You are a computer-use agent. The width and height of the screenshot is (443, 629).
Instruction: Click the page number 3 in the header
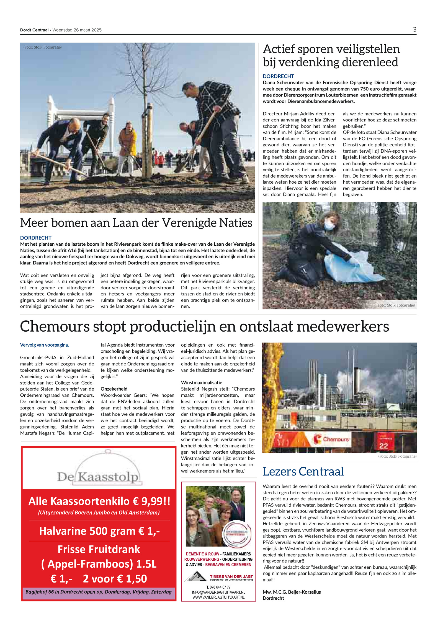click(x=414, y=30)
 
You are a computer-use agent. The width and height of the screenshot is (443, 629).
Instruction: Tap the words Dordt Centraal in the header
click(x=34, y=30)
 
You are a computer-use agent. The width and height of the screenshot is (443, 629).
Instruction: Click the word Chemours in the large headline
click(x=55, y=326)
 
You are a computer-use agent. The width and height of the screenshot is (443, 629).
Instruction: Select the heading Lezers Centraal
click(x=303, y=471)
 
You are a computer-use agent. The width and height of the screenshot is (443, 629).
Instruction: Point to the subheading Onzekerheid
click(x=114, y=389)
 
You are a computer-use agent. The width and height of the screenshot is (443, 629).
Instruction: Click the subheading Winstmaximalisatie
click(x=201, y=382)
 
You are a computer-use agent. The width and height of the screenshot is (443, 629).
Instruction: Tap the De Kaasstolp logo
click(x=99, y=475)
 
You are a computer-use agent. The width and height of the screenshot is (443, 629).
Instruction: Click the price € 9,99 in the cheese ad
click(x=151, y=501)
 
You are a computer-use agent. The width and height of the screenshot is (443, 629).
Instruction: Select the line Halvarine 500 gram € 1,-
click(x=99, y=531)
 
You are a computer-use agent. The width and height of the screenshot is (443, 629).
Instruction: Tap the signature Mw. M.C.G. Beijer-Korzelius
click(x=292, y=592)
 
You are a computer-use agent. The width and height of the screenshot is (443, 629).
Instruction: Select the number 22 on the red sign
click(x=383, y=446)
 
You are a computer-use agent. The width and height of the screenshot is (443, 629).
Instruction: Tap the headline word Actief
click(x=279, y=49)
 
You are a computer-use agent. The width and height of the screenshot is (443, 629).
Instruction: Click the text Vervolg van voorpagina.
click(x=44, y=345)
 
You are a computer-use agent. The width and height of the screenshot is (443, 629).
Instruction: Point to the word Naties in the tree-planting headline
click(x=235, y=223)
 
